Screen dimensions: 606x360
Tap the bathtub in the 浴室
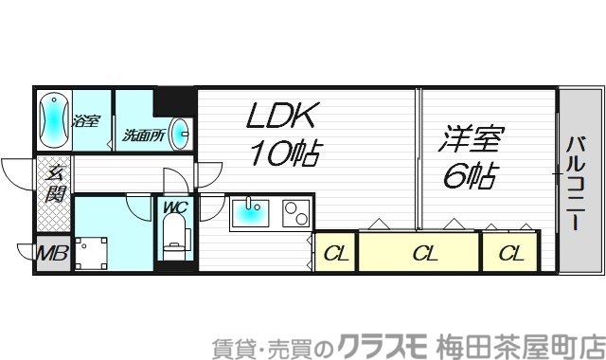point(54,119)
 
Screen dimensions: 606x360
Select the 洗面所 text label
point(143,135)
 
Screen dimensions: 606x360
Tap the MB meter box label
point(53,254)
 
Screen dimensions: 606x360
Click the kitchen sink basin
point(250,215)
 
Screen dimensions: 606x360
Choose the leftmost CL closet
point(334,253)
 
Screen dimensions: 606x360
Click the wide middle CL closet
point(423,253)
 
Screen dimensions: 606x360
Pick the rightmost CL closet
point(511,253)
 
